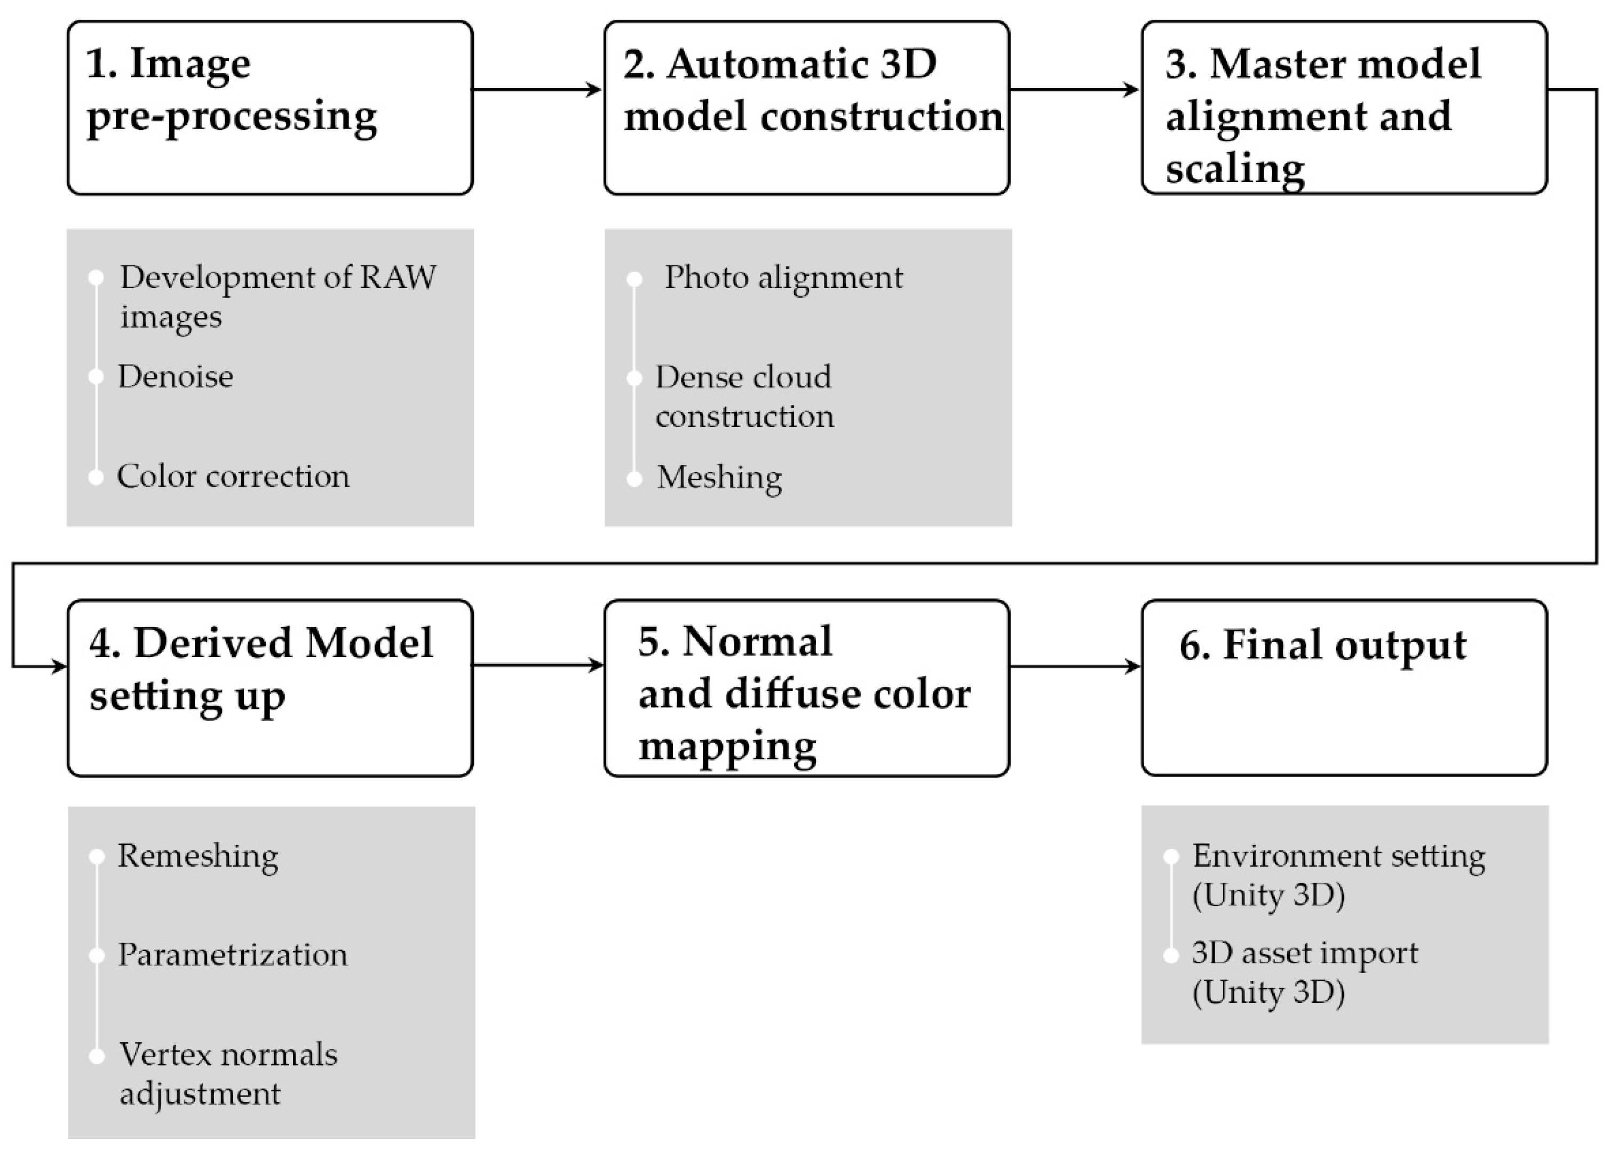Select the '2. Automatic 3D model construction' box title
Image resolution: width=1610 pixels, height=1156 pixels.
(x=812, y=90)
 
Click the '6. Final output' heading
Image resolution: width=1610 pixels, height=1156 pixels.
(x=1322, y=645)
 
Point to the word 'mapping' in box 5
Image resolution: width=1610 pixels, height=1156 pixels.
(x=727, y=746)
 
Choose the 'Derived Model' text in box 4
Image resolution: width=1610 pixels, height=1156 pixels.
(x=282, y=643)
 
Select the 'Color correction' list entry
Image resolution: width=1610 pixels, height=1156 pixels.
(x=233, y=476)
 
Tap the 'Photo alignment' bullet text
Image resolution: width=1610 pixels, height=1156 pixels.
(x=783, y=277)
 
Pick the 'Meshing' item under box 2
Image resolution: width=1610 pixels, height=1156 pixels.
(x=718, y=477)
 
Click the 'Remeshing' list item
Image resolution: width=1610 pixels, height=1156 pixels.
(x=197, y=856)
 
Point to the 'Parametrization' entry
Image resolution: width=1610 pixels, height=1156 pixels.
(x=232, y=954)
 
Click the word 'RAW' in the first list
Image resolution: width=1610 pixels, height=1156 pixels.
(x=398, y=277)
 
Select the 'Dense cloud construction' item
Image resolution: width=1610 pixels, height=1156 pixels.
(x=743, y=396)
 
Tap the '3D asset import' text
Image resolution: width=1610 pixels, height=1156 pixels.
(x=1304, y=953)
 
